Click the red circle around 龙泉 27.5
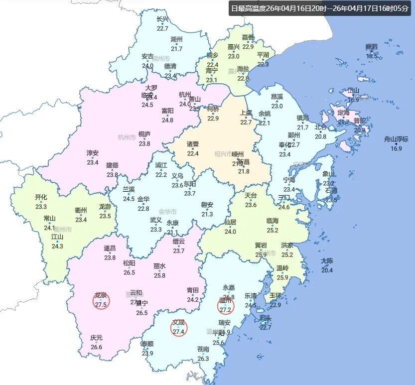click(x=101, y=300)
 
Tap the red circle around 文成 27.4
click(x=178, y=328)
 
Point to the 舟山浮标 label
click(x=396, y=139)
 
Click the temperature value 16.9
click(x=396, y=148)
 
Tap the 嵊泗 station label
click(x=372, y=47)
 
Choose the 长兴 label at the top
click(x=162, y=19)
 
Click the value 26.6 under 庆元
click(x=96, y=347)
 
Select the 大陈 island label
click(x=327, y=261)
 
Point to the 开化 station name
click(x=41, y=197)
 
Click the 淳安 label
click(x=92, y=153)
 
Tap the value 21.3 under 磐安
click(x=207, y=214)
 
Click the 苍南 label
click(x=203, y=349)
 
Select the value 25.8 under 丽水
click(x=159, y=275)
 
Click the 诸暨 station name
click(x=193, y=144)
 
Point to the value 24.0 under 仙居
click(x=230, y=231)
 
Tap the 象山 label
click(x=328, y=174)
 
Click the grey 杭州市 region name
click(x=127, y=137)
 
